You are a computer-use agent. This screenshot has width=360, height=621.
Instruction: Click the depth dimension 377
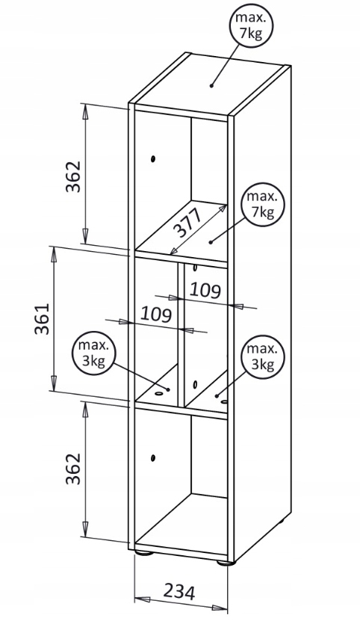(x=187, y=221)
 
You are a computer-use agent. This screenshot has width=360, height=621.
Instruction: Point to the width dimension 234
(x=180, y=592)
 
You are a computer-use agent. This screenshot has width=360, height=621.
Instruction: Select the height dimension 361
(x=42, y=319)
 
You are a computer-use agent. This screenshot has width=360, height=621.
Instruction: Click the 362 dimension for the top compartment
(x=73, y=176)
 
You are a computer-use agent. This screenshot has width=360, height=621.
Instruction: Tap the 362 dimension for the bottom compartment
(x=73, y=469)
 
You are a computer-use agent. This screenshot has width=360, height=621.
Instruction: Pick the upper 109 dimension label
(x=205, y=290)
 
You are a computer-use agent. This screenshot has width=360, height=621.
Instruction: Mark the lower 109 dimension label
(x=156, y=315)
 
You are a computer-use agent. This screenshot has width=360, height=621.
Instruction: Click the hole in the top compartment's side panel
(x=153, y=159)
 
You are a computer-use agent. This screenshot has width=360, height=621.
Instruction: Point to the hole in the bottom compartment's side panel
(x=153, y=458)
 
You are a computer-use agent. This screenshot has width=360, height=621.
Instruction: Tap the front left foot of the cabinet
(x=143, y=552)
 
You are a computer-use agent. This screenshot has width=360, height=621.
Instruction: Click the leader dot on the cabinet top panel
(x=211, y=84)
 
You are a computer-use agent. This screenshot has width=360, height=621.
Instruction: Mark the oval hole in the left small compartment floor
(x=159, y=394)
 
